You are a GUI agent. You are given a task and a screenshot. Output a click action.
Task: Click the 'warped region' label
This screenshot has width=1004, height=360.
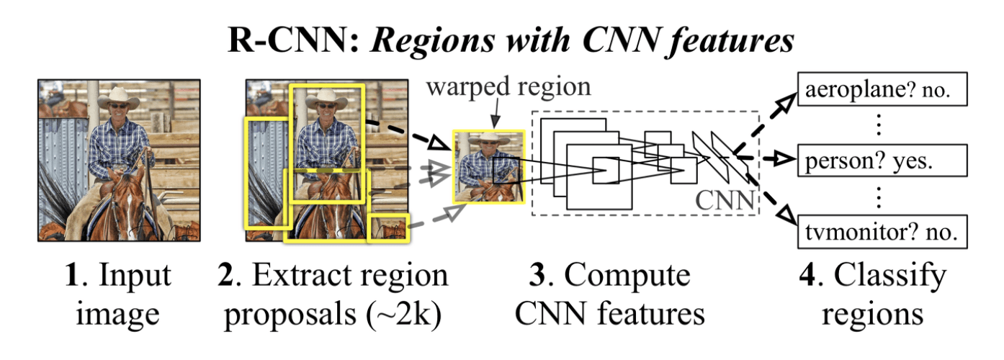point(508,88)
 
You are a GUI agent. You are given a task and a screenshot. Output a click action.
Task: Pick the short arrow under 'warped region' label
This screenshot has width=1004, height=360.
point(496,114)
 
